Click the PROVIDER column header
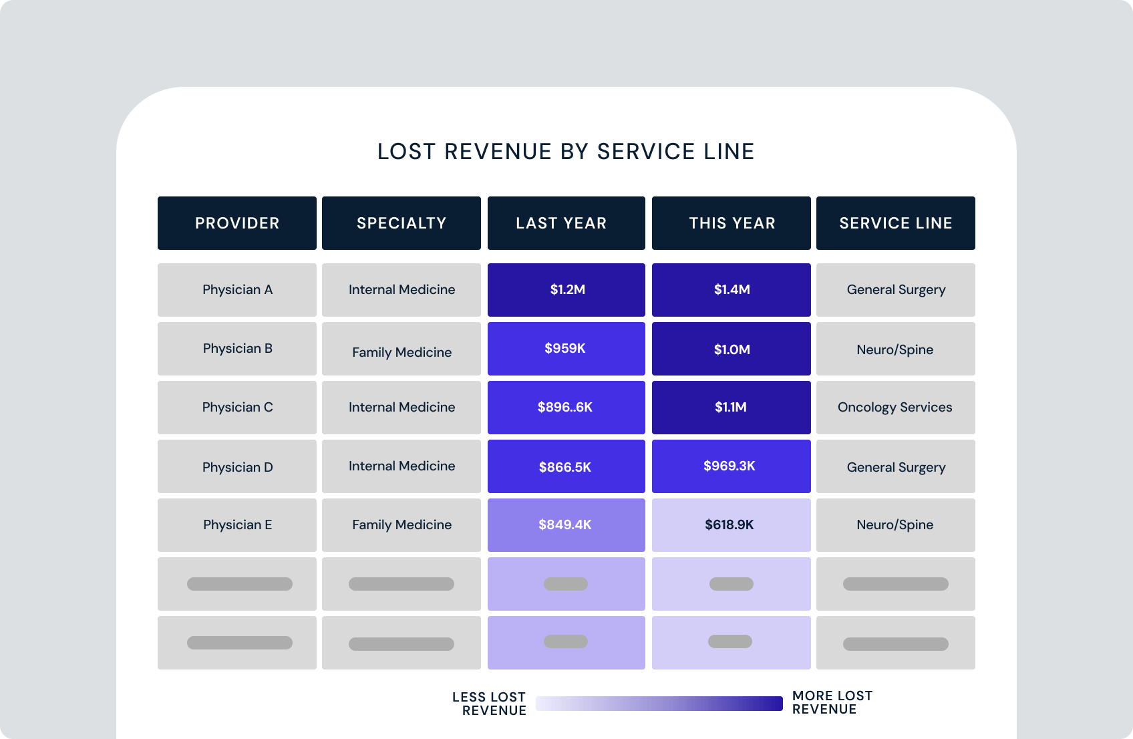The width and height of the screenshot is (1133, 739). (x=237, y=223)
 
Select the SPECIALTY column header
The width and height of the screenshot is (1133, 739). (x=401, y=223)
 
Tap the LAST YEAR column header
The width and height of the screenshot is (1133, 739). (x=566, y=223)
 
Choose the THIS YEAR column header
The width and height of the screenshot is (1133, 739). (x=732, y=223)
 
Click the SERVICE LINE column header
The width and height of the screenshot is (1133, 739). (x=896, y=223)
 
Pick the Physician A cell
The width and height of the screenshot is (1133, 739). (x=237, y=290)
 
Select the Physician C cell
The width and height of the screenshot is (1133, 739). (x=237, y=408)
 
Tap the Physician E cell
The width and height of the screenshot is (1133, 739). (x=237, y=525)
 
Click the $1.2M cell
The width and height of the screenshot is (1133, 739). (x=566, y=290)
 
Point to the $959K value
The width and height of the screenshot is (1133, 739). (x=565, y=349)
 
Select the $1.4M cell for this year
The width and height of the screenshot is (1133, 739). (x=732, y=290)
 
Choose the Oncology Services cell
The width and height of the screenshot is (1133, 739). (x=895, y=408)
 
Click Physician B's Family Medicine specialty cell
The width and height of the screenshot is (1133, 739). (x=401, y=351)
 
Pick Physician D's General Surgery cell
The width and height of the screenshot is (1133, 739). (x=896, y=467)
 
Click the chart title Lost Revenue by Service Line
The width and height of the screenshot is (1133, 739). (x=566, y=152)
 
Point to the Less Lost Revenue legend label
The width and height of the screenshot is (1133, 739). (x=490, y=704)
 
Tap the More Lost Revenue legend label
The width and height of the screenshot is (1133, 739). (x=832, y=702)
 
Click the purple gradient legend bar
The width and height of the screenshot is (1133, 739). (x=659, y=704)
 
